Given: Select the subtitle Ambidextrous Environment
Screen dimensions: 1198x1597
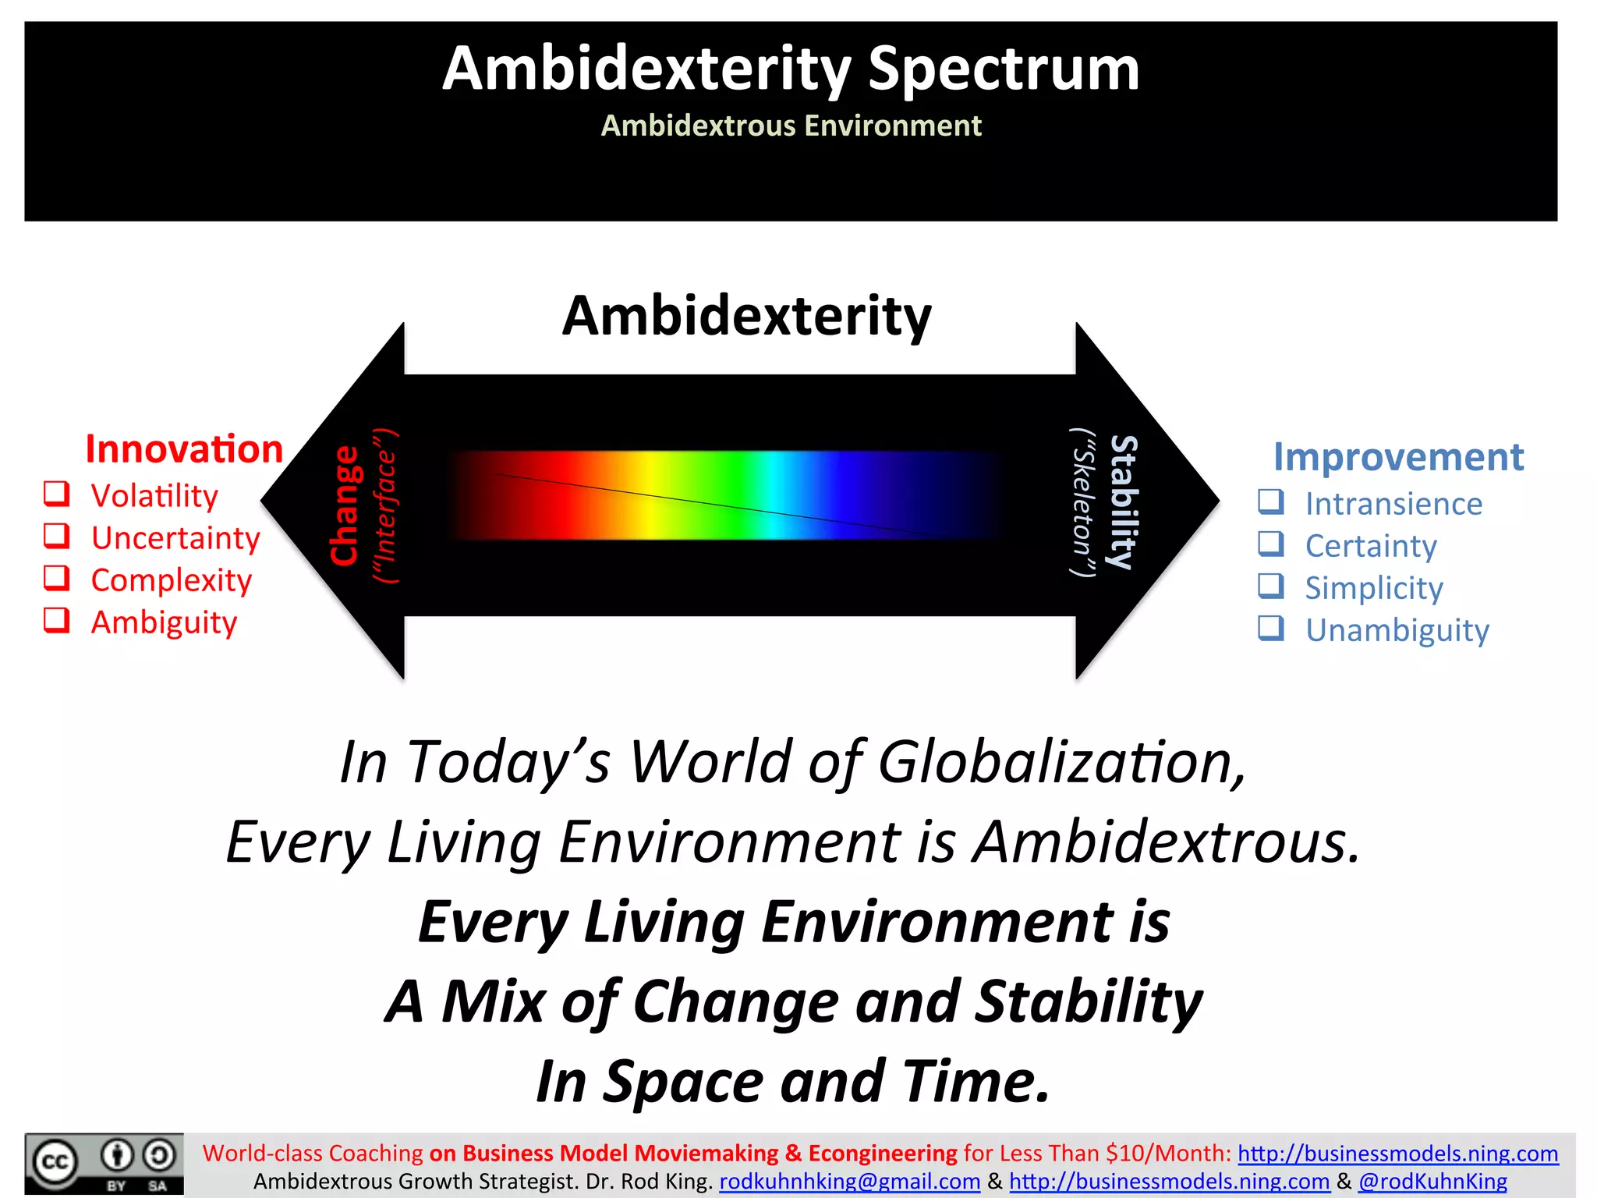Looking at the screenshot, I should click(791, 126).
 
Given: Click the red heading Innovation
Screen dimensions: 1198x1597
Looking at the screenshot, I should click(184, 449).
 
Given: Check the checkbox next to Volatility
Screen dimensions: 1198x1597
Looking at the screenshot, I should click(56, 494).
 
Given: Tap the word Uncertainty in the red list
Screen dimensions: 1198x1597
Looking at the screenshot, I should click(175, 538).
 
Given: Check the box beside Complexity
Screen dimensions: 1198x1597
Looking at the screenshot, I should click(56, 578).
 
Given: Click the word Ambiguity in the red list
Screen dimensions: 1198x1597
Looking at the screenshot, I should click(164, 622).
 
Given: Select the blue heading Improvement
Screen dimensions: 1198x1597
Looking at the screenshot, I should click(1398, 457).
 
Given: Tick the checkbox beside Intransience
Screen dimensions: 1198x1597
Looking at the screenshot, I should click(1271, 502).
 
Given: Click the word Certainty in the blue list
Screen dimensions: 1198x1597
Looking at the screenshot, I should click(1371, 546).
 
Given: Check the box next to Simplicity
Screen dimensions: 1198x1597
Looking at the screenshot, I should click(1271, 586).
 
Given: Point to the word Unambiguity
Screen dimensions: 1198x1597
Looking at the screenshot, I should click(1397, 630).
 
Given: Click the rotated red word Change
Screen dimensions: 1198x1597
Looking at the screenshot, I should click(344, 505).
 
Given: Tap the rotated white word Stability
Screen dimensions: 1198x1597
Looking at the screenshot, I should click(1124, 502).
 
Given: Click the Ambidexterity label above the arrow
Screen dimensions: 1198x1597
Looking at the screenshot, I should click(746, 316).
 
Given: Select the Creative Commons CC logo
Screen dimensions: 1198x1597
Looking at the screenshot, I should click(55, 1163).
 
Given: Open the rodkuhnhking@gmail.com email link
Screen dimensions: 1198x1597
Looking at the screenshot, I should click(849, 1182).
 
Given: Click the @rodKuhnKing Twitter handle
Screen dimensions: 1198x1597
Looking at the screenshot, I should click(1432, 1182).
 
